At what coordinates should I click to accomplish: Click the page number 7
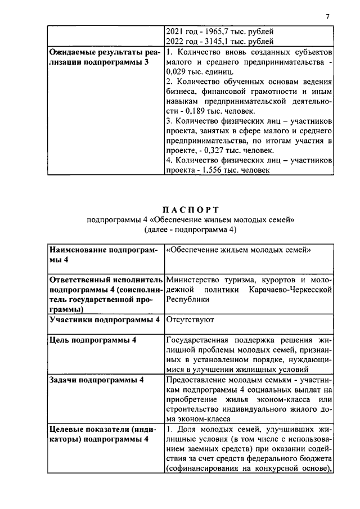[327, 16]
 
